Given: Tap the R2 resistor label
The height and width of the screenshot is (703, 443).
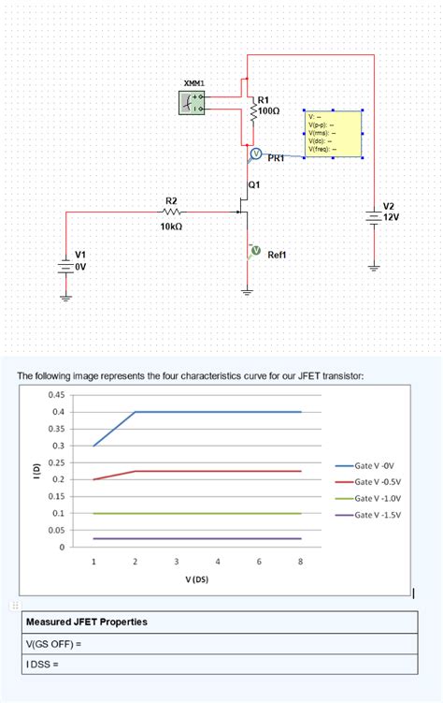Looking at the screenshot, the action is pos(171,200).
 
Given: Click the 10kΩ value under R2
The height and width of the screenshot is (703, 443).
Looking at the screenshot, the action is pos(171,227).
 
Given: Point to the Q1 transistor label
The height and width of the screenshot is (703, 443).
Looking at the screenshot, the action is pos(254,184).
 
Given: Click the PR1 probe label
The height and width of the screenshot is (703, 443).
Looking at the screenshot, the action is pos(276,158).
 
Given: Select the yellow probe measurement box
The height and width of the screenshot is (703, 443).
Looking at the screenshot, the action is pos(333,134).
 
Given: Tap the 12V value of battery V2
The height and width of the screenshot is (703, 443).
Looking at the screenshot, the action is pos(392,216).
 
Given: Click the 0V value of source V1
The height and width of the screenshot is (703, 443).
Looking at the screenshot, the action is pos(80,266).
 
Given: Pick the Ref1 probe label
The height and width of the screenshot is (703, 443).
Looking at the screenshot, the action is pos(278,254).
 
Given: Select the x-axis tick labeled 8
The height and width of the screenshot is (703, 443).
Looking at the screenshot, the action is pos(300,562).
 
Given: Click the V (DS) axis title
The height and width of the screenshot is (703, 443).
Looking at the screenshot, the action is pos(196,580).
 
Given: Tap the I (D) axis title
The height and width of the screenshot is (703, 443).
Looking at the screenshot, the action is pos(36,470).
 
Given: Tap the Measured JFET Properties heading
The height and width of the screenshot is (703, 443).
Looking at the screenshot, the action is pos(87,622).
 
